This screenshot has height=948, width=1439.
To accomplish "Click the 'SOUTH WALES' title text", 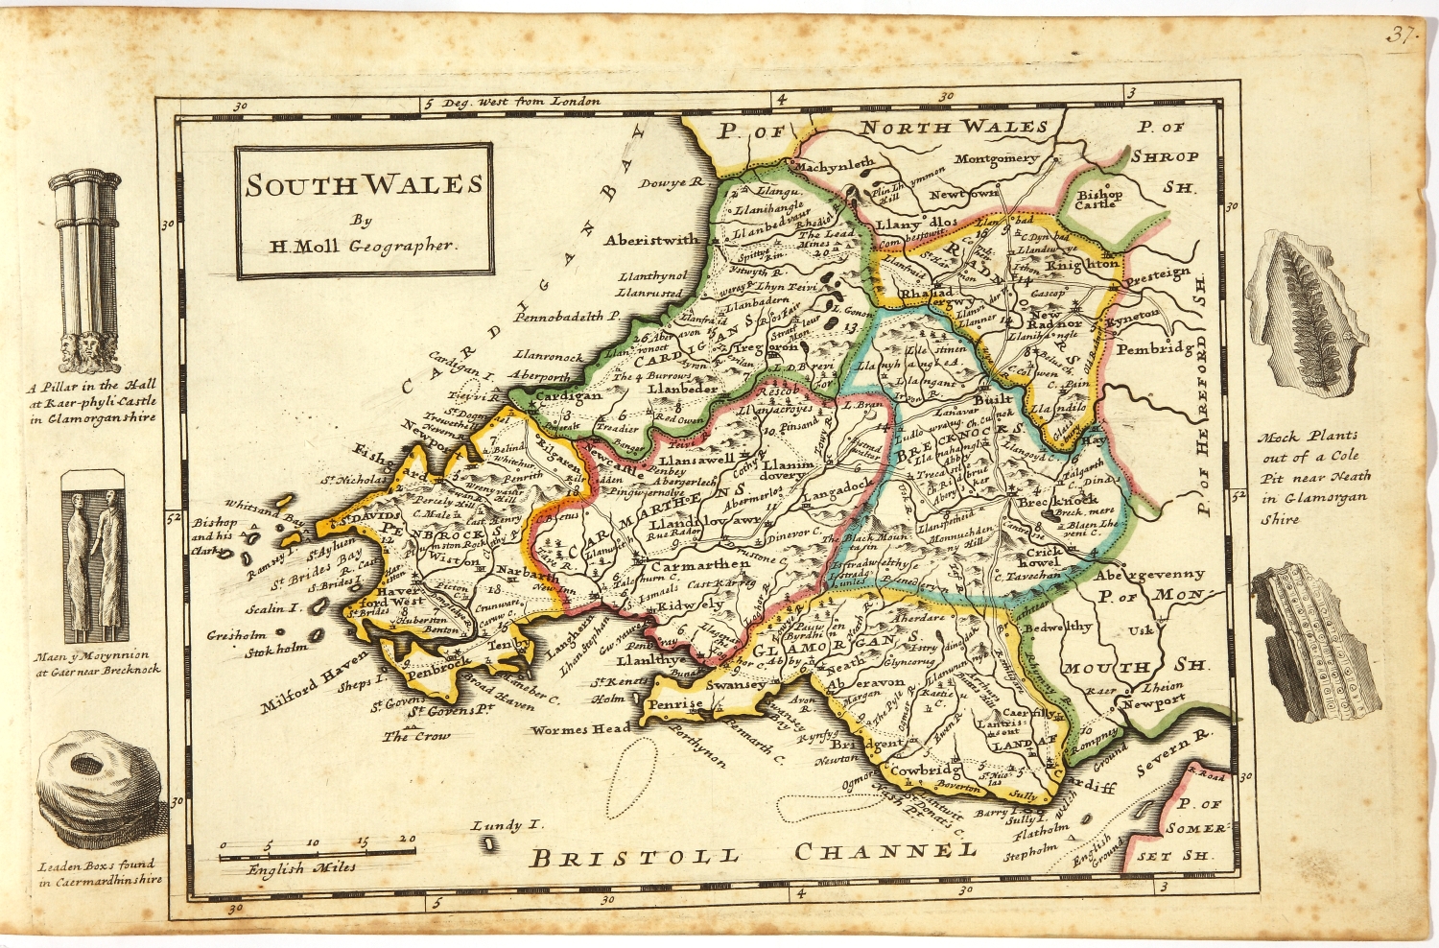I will (x=364, y=185).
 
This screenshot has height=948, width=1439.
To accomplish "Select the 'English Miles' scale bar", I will (x=318, y=849).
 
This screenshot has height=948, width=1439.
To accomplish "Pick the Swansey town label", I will (x=736, y=685).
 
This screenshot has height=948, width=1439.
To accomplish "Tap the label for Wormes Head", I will (x=582, y=729).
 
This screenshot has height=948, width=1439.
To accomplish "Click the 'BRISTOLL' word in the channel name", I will (x=635, y=857).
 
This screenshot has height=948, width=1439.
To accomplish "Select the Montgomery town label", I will (x=997, y=158).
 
